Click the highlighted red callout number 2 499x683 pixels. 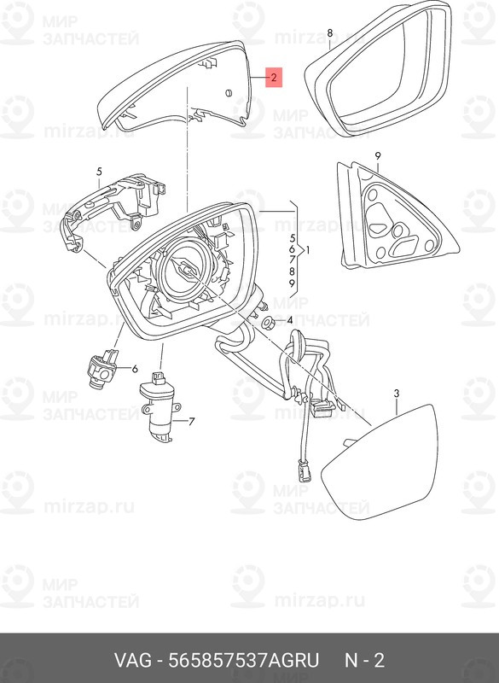(274, 78)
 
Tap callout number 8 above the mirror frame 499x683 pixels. (330, 32)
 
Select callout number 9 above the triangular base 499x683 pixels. (378, 156)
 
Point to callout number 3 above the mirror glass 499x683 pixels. (397, 394)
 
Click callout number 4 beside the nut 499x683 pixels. (289, 322)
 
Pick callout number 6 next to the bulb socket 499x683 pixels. (135, 369)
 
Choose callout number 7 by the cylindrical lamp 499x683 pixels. (191, 421)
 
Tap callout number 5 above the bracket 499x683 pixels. (99, 172)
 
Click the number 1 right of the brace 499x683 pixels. (308, 250)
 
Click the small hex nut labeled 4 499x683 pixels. (267, 323)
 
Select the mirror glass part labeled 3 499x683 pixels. (380, 462)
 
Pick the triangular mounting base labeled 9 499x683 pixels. (397, 216)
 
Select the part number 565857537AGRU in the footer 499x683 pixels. (244, 660)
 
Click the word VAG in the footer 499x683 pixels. (133, 660)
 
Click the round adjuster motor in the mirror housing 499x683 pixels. (185, 270)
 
